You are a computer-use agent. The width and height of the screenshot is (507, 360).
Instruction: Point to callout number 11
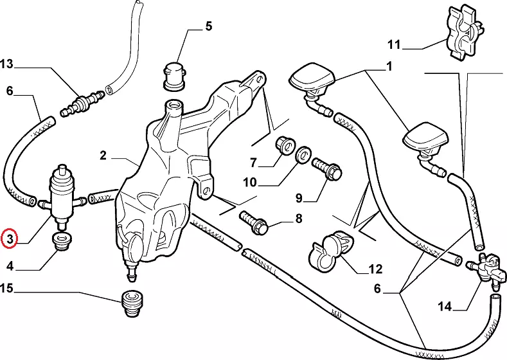[x=394, y=46]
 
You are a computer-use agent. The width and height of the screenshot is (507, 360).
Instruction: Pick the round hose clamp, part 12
[x=332, y=249]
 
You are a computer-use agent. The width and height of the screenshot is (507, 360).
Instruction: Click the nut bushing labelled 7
[x=283, y=145]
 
